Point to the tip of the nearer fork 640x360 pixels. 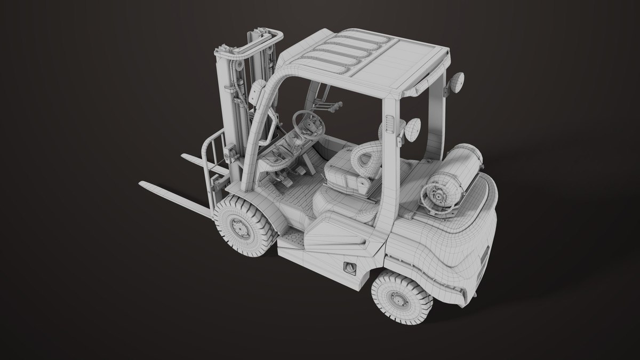143,185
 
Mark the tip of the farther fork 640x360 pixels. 184,156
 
